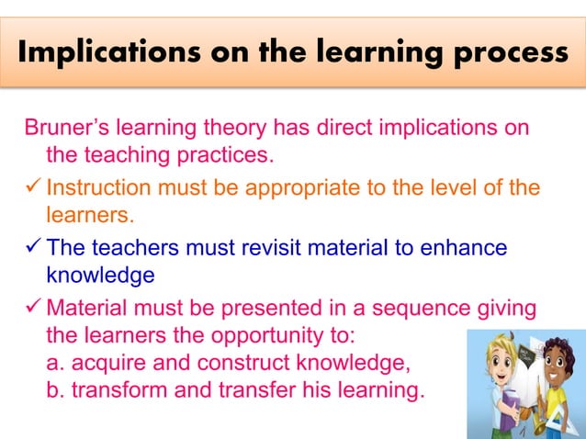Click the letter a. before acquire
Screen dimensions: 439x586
[55, 363]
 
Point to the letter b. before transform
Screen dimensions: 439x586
[55, 392]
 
